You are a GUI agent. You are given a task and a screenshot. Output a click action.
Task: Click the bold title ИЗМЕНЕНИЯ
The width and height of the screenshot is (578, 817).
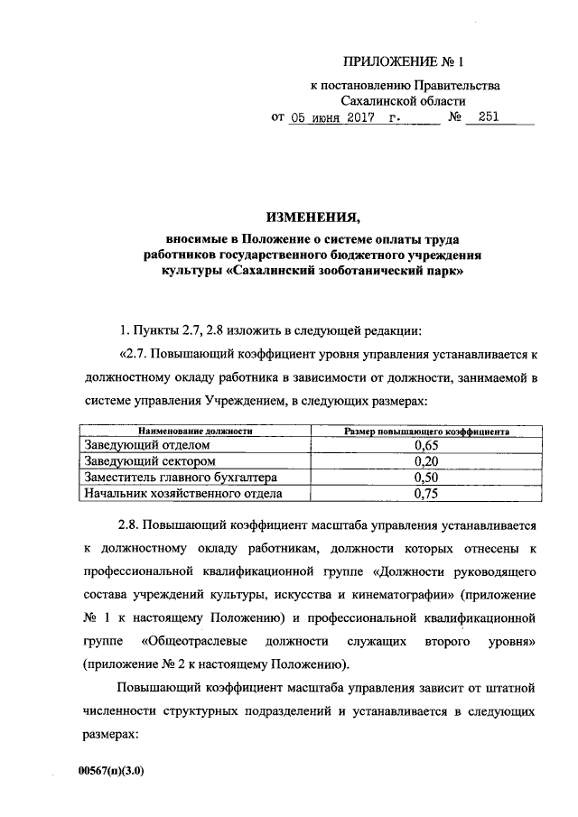tap(312, 218)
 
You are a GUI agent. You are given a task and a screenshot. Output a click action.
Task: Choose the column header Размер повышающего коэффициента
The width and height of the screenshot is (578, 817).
tap(427, 432)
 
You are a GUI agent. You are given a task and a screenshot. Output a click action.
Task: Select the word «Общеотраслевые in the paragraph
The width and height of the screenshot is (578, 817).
tap(188, 641)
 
